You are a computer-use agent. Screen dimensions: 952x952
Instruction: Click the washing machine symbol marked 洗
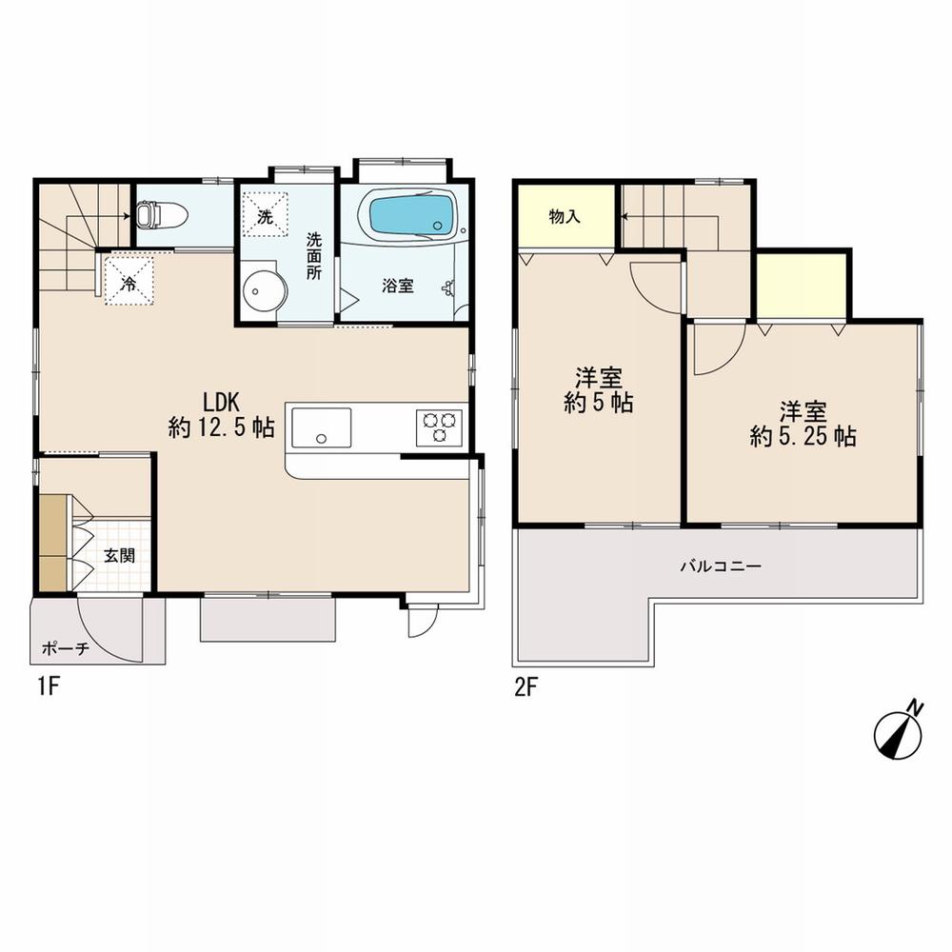(265, 216)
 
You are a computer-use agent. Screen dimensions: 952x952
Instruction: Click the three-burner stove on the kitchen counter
(439, 426)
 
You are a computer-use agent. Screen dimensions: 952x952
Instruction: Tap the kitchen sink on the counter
(321, 426)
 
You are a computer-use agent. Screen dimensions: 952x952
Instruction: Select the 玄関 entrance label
(119, 556)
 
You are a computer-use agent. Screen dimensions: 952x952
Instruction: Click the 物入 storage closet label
(565, 216)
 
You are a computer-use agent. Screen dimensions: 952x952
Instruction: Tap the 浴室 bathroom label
(399, 286)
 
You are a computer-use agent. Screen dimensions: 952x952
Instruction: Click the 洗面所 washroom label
(313, 254)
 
